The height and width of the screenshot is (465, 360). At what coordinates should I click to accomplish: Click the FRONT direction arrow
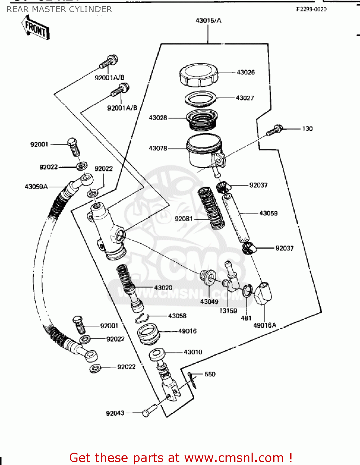[35, 29]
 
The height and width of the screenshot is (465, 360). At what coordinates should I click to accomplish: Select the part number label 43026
[245, 73]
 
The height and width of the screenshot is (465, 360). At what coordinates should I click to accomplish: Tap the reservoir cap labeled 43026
[198, 75]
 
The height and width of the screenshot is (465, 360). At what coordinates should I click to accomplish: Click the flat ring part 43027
[200, 99]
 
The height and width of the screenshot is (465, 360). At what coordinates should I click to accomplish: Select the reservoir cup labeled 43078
[204, 150]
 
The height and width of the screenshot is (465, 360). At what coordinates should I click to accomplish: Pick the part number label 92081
[184, 219]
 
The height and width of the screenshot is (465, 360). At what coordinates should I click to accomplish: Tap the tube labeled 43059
[236, 218]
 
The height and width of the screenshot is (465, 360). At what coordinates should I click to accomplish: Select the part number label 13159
[228, 311]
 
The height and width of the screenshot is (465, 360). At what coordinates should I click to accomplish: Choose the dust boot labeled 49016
[148, 334]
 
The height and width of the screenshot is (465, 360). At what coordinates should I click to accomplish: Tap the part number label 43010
[193, 352]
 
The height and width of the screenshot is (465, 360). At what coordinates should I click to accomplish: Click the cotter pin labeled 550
[192, 380]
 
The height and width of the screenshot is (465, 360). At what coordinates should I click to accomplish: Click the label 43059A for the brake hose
[36, 187]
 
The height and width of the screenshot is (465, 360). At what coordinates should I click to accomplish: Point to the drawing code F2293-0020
[311, 9]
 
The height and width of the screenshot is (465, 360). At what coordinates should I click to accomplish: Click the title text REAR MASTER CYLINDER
[59, 9]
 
